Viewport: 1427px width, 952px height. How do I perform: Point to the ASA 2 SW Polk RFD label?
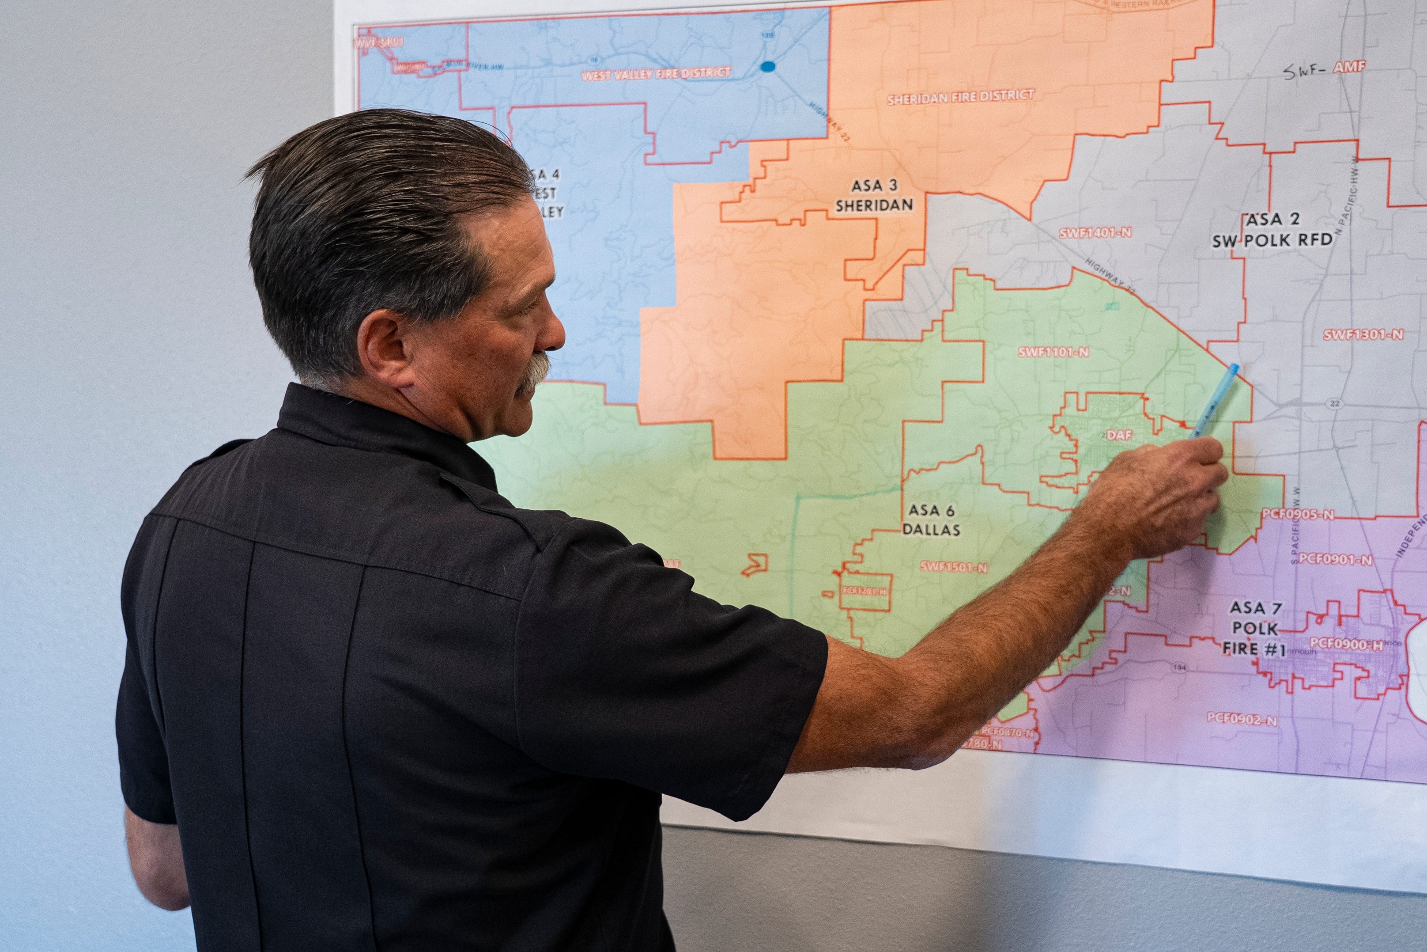[x=1272, y=230]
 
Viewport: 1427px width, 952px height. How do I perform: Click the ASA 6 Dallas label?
[x=931, y=520]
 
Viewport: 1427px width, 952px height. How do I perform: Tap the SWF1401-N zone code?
[x=1095, y=232]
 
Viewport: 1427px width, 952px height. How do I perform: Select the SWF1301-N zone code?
[x=1363, y=334]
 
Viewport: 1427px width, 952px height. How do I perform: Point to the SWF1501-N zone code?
[x=954, y=567]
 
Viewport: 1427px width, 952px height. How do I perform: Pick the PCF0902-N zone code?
[x=1242, y=720]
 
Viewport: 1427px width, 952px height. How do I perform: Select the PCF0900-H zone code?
[x=1346, y=644]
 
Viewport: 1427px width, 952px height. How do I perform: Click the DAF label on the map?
[x=1119, y=435]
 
